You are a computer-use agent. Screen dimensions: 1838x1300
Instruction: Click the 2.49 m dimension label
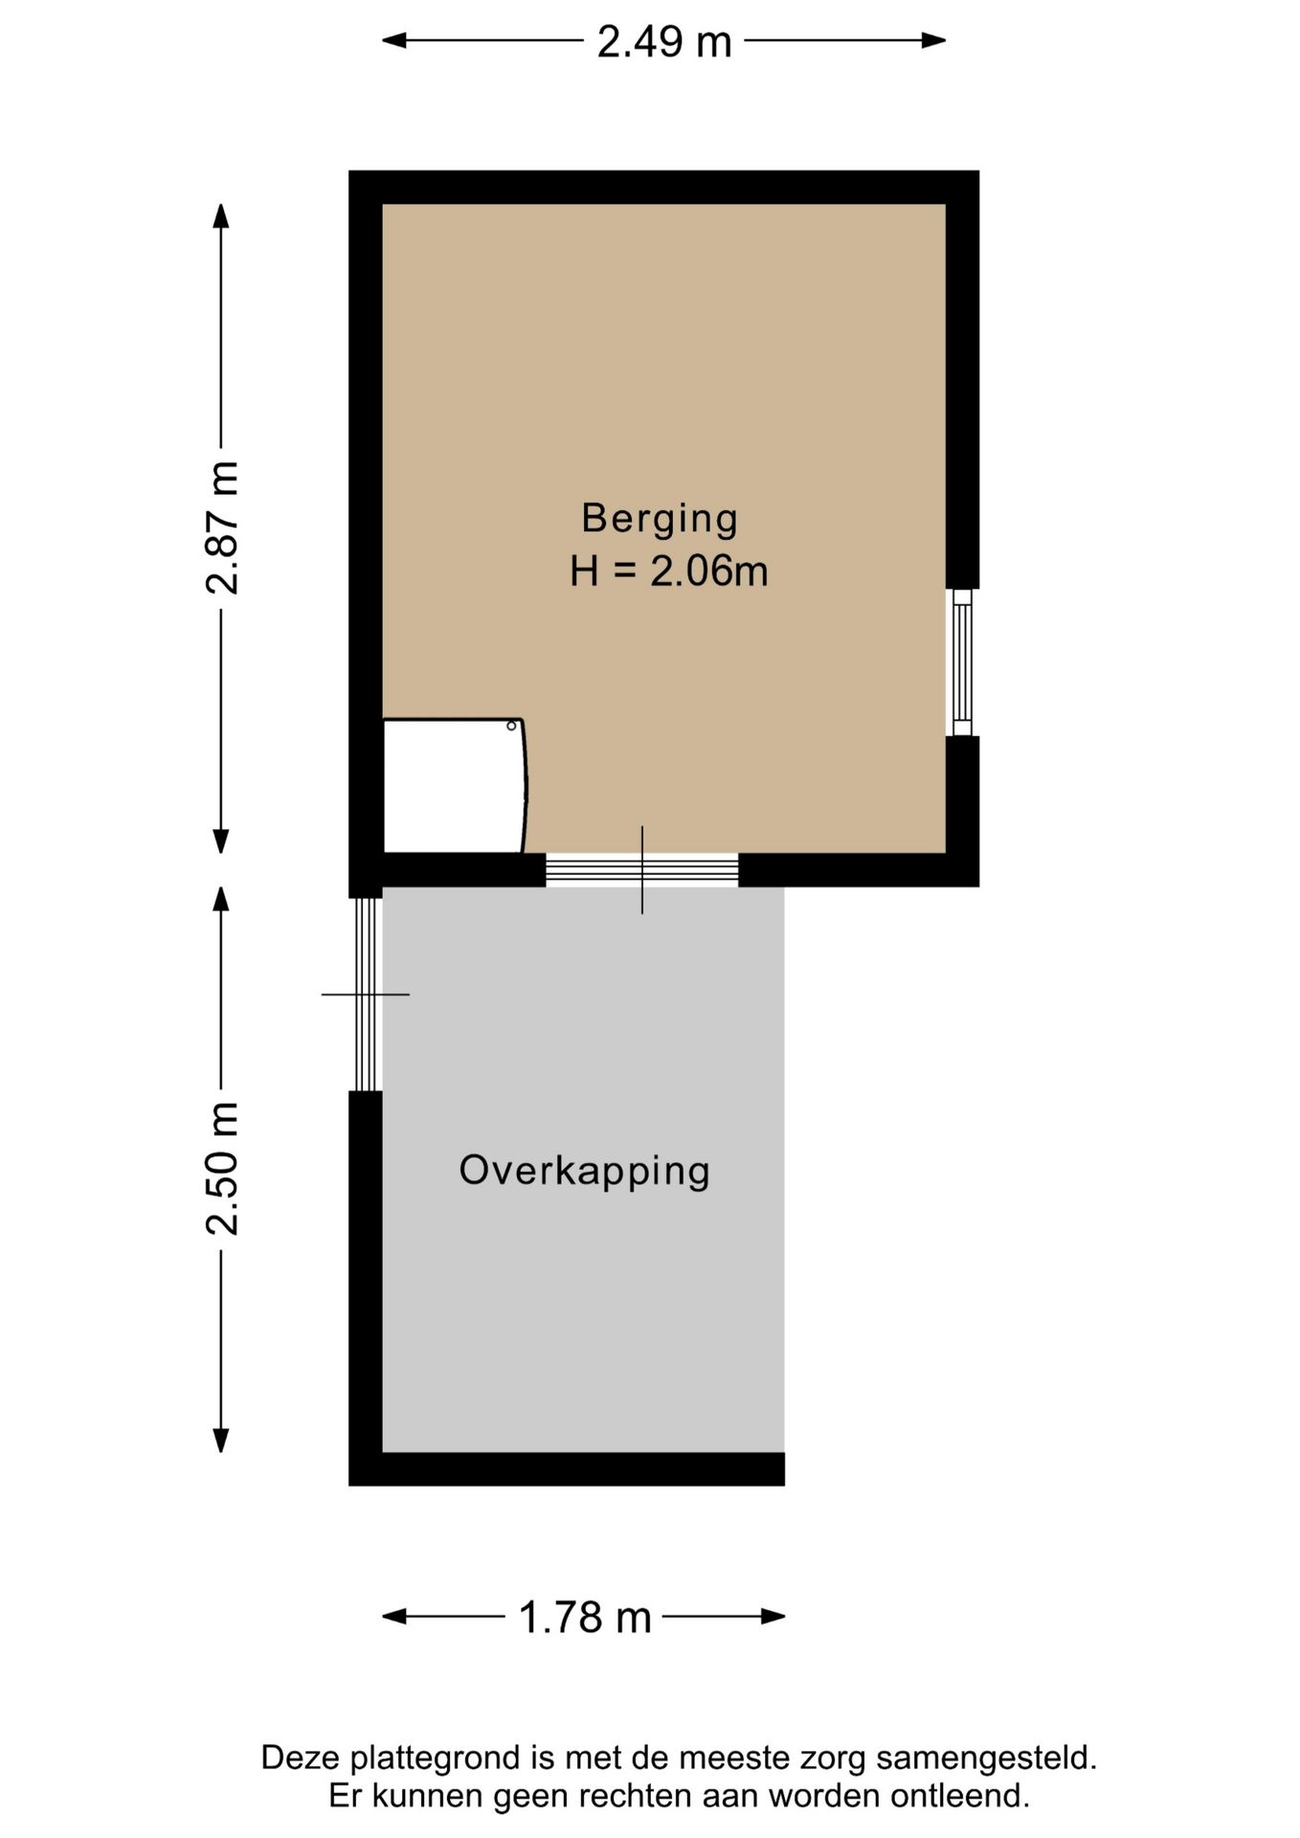pos(663,42)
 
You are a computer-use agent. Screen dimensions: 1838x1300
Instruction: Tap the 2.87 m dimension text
pos(222,527)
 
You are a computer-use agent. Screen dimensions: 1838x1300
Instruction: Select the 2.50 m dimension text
pos(222,1168)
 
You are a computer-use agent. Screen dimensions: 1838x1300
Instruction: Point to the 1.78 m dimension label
pos(584,1618)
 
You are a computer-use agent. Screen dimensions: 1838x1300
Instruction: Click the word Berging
pos(660,518)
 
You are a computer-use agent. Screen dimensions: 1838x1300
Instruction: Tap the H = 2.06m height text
pos(668,572)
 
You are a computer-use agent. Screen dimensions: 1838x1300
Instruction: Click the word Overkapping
pos(584,1170)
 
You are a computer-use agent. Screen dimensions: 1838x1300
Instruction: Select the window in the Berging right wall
pos(962,662)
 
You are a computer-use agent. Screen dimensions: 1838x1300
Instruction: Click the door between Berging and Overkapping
pos(641,869)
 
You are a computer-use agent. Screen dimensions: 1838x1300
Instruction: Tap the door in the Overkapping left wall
pos(365,994)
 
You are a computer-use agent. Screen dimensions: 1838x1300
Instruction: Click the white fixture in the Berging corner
pos(452,785)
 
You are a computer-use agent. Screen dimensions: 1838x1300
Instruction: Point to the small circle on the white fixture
pos(511,726)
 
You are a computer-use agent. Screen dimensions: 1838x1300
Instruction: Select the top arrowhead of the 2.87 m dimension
pos(221,216)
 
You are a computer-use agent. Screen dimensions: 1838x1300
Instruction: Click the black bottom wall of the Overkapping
pos(566,1468)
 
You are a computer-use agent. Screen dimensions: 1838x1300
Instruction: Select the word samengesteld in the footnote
pos(985,1759)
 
